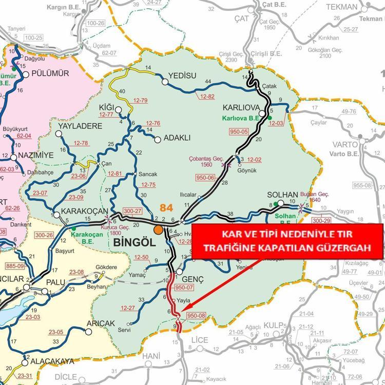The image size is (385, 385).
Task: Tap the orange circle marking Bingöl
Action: tap(159, 229)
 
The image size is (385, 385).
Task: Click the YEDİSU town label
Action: tap(182, 75)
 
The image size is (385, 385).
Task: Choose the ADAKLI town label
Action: tap(177, 138)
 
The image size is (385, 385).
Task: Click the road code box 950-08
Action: tap(197, 316)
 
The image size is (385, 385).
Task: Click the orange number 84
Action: tap(167, 207)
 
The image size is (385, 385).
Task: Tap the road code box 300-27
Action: tap(132, 211)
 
